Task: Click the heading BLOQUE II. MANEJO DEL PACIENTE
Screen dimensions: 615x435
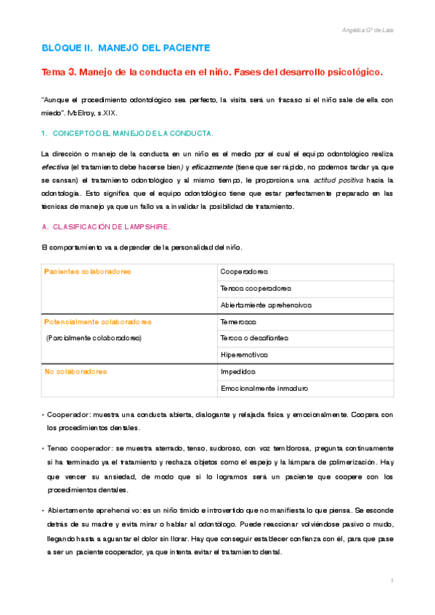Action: tap(126, 48)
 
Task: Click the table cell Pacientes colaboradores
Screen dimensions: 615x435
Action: tap(87, 271)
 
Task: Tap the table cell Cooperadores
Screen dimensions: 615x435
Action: tap(244, 272)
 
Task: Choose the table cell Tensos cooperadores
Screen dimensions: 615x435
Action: tap(256, 288)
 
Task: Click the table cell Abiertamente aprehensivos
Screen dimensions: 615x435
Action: tap(265, 305)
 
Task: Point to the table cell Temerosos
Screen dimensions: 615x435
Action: tap(238, 321)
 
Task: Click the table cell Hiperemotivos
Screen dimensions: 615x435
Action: tap(244, 355)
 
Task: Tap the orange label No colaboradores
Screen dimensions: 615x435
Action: tap(76, 371)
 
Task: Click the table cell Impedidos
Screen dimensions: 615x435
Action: tap(238, 371)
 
